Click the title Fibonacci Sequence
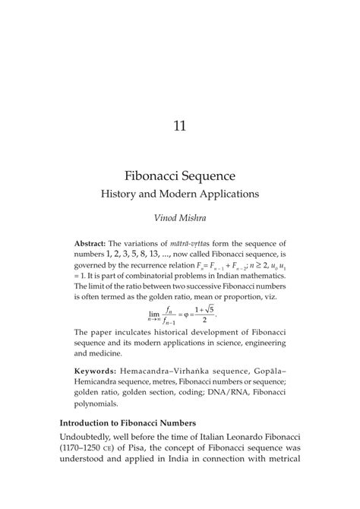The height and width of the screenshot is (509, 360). (x=180, y=175)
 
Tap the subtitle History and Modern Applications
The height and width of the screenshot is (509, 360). (x=180, y=194)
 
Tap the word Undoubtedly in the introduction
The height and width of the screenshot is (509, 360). (x=96, y=441)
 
